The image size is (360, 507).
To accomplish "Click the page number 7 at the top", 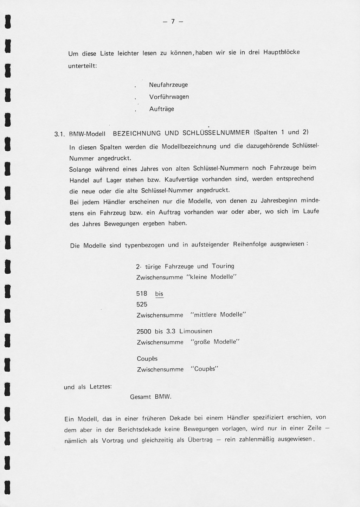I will pyautogui.click(x=173, y=21).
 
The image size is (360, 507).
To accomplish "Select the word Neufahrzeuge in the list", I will pyautogui.click(x=168, y=85).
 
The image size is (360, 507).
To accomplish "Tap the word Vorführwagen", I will pyautogui.click(x=169, y=97).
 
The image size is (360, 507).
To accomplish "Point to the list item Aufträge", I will pyautogui.click(x=162, y=109).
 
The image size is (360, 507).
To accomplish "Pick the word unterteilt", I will pyautogui.click(x=82, y=66).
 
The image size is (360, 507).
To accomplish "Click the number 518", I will pyautogui.click(x=142, y=293).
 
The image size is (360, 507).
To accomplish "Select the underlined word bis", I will pyautogui.click(x=159, y=294).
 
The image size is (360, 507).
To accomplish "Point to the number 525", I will pyautogui.click(x=142, y=304).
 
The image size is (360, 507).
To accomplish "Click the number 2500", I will pyautogui.click(x=144, y=331).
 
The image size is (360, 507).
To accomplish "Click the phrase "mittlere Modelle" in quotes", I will pyautogui.click(x=218, y=315).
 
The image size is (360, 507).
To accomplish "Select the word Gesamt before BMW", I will pyautogui.click(x=140, y=397).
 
